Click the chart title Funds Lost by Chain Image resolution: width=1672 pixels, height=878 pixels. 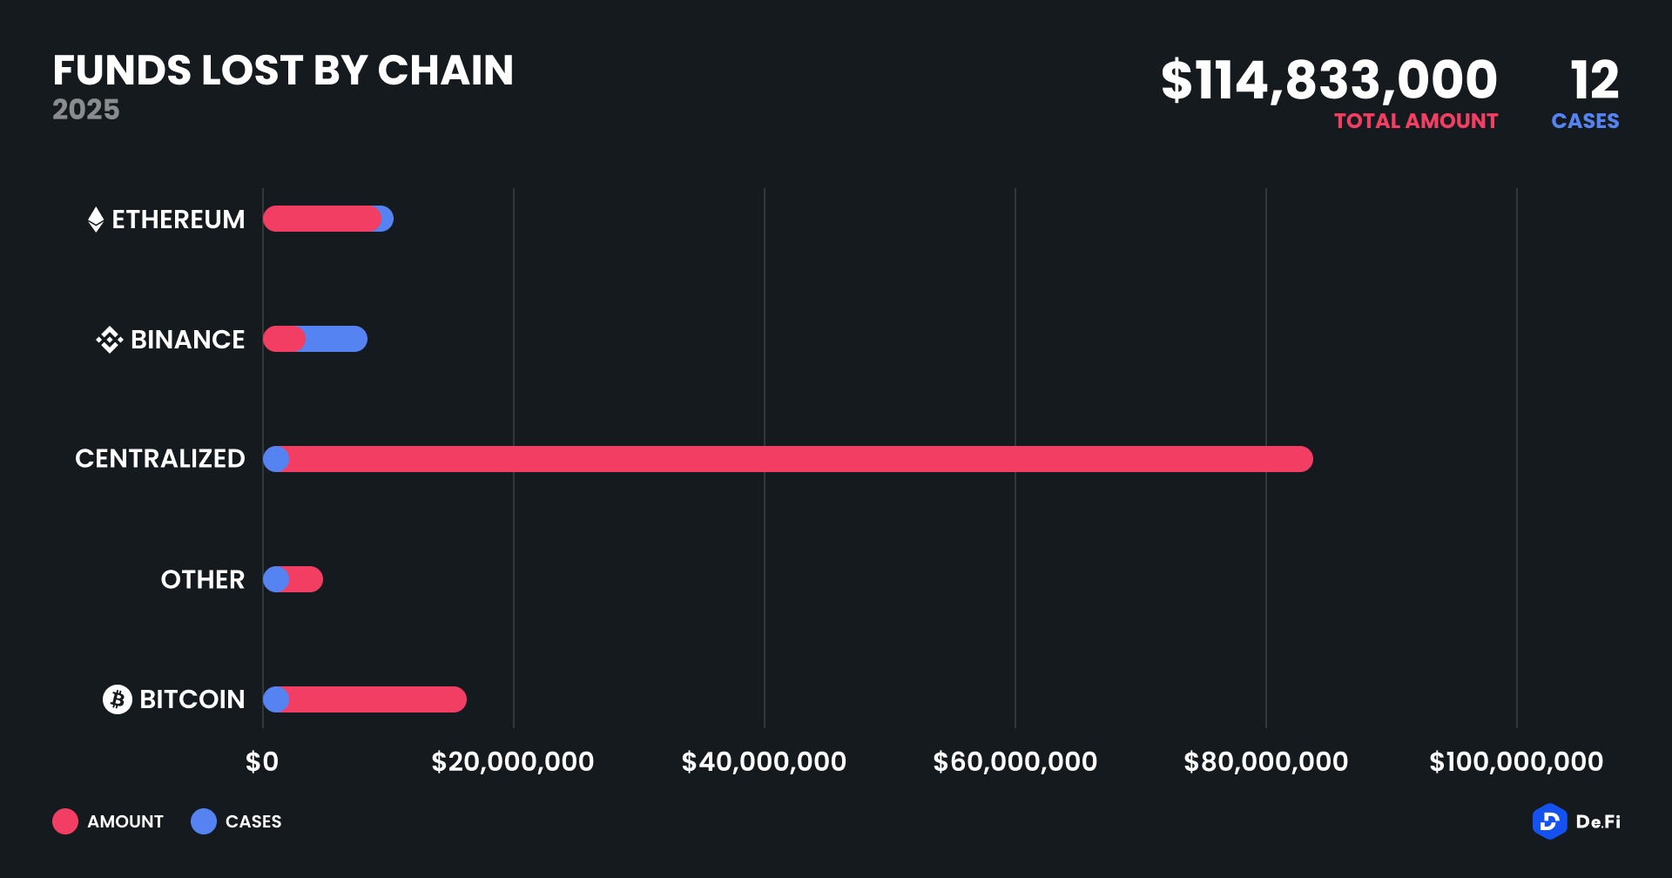click(x=283, y=71)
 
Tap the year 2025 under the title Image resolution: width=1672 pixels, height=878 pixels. click(x=85, y=110)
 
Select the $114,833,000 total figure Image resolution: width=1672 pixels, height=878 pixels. click(x=1329, y=80)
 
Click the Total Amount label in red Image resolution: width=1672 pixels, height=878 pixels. click(x=1416, y=121)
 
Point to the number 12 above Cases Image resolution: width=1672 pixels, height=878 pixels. click(x=1594, y=80)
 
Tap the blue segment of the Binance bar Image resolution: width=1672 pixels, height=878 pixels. click(x=336, y=339)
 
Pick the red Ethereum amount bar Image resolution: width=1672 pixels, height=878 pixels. click(x=321, y=219)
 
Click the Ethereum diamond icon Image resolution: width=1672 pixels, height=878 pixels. click(x=96, y=219)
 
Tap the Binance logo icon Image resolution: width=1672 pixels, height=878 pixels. click(x=110, y=340)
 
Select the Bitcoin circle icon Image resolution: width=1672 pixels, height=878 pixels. click(x=118, y=699)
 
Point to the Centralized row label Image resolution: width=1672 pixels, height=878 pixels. click(x=160, y=459)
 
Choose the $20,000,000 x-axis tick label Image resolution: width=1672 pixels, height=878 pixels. click(x=513, y=762)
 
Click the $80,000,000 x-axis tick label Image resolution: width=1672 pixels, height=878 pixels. click(x=1265, y=762)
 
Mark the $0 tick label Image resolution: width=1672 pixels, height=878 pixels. click(x=262, y=762)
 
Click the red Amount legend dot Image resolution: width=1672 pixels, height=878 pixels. click(x=65, y=821)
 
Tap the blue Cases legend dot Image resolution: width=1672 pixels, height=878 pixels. click(x=204, y=821)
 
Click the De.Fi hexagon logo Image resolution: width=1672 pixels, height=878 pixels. click(x=1549, y=821)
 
